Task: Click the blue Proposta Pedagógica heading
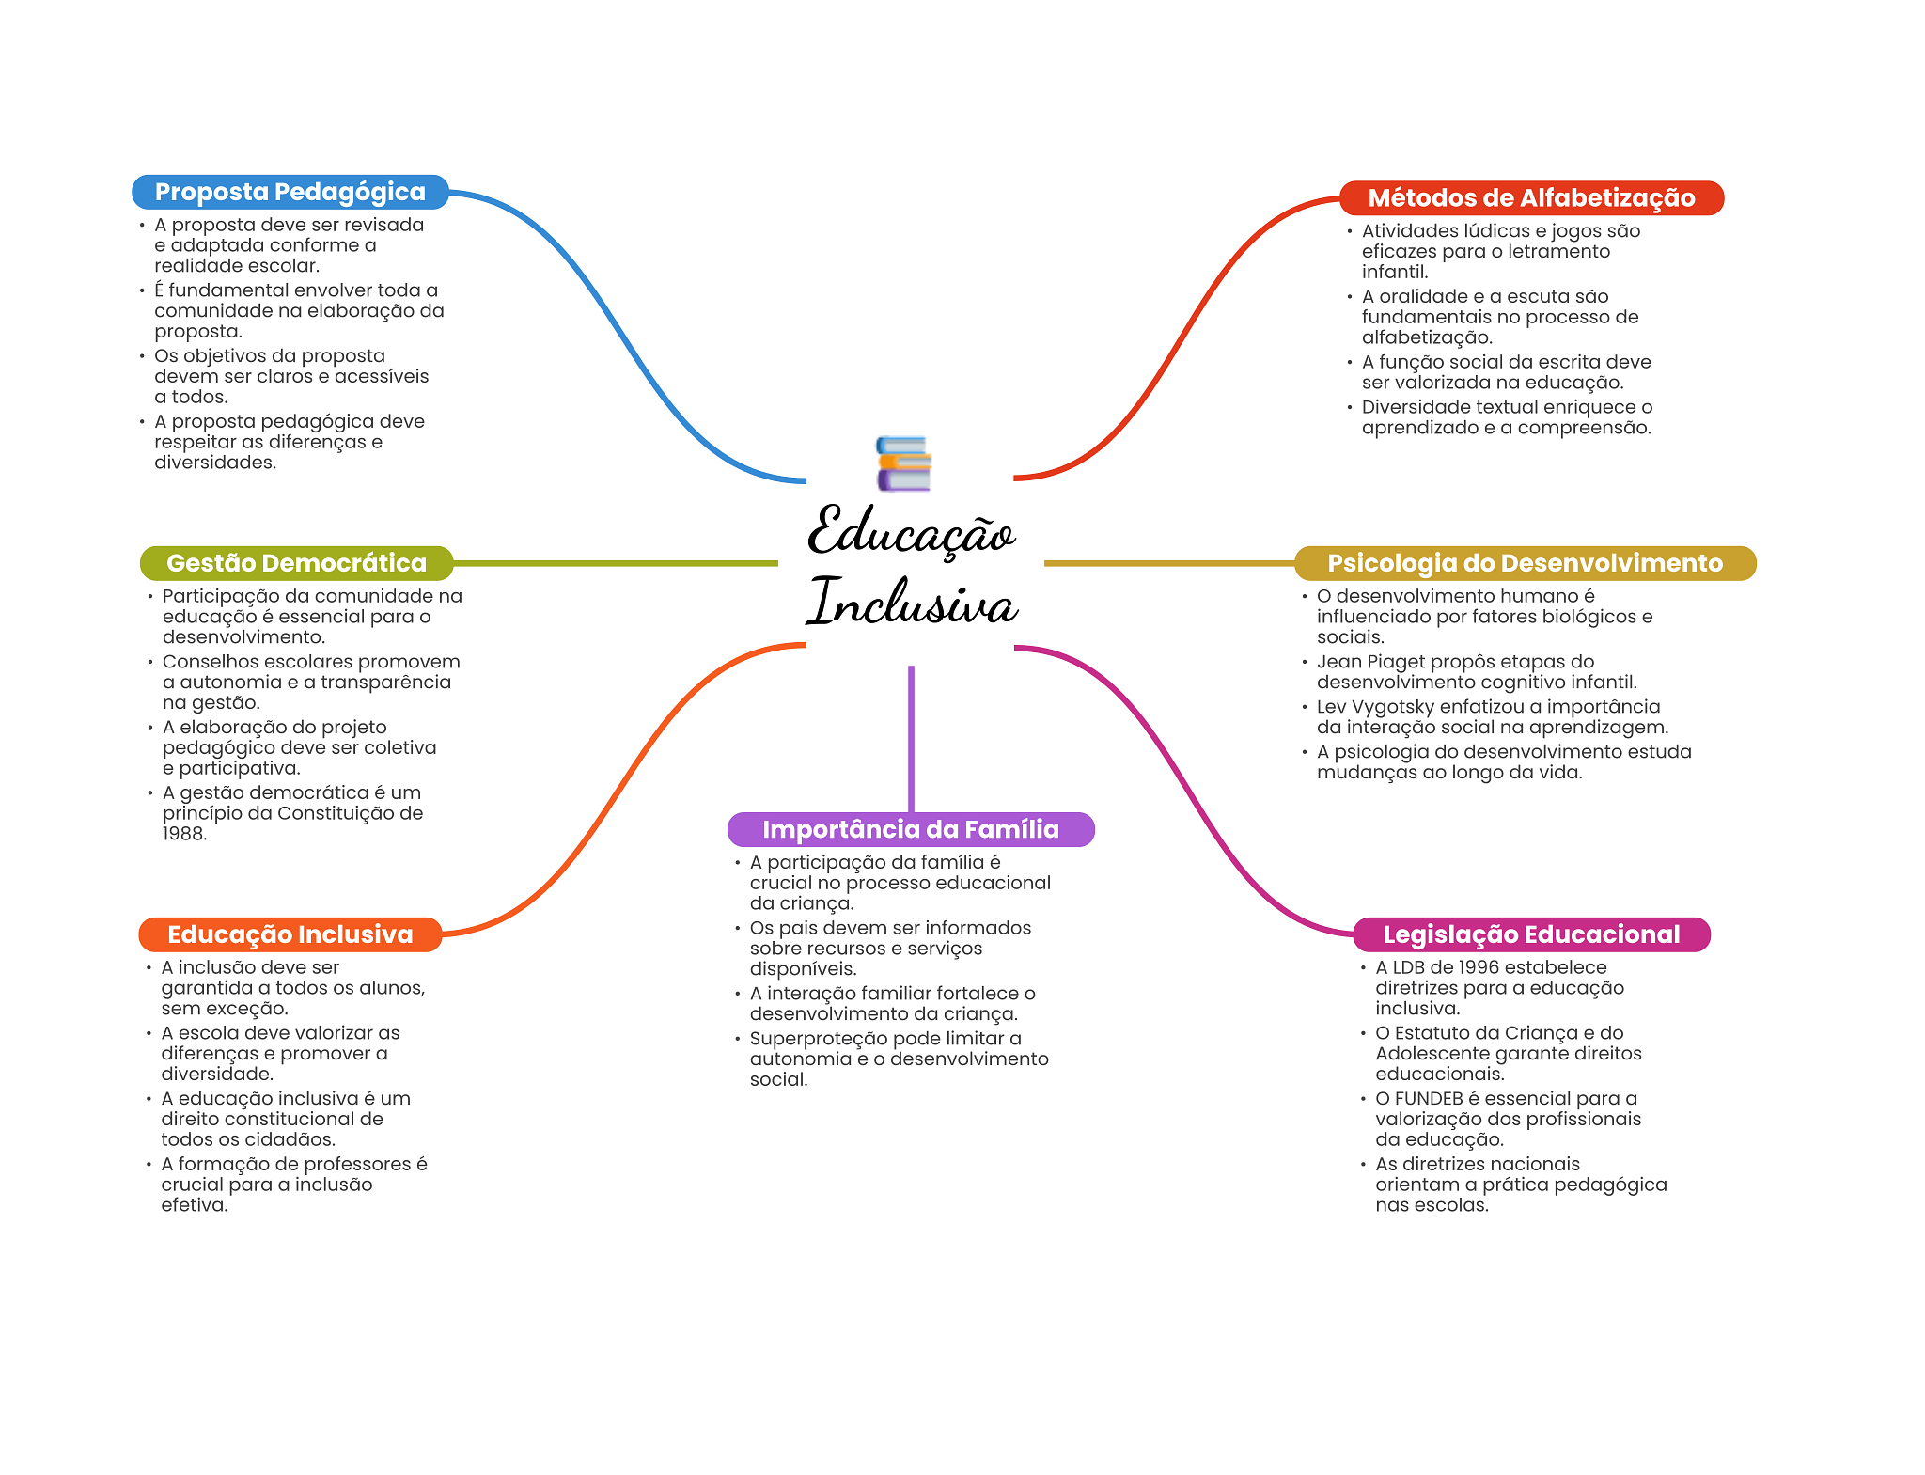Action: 290,192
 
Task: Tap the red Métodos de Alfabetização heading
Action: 1531,198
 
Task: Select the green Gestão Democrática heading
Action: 296,563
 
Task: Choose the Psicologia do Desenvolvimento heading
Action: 1525,563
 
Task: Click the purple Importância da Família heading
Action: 910,829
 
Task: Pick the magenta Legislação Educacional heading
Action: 1531,934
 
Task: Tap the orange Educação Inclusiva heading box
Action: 290,934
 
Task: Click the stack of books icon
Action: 903,463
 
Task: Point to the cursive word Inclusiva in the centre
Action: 913,603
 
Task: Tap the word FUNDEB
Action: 1429,1099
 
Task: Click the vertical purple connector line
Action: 911,738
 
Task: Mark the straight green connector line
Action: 616,563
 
